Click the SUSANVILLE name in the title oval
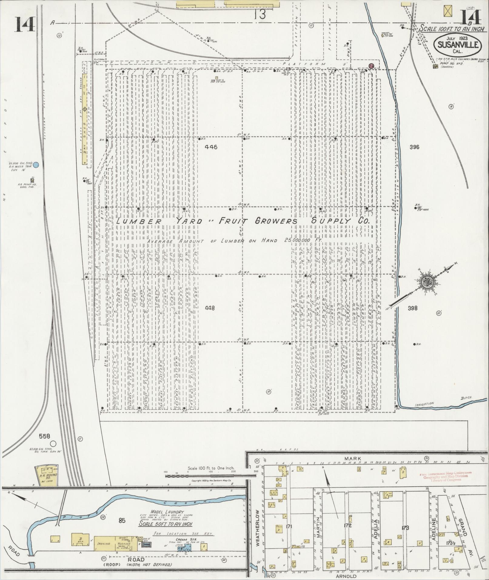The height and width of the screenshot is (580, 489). pyautogui.click(x=458, y=45)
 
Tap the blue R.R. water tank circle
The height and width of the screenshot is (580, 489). pyautogui.click(x=36, y=165)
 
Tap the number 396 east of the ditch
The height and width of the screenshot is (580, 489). pyautogui.click(x=414, y=147)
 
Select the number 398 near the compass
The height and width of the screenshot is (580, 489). pyautogui.click(x=413, y=308)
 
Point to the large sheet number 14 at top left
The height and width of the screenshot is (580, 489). pyautogui.click(x=25, y=24)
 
